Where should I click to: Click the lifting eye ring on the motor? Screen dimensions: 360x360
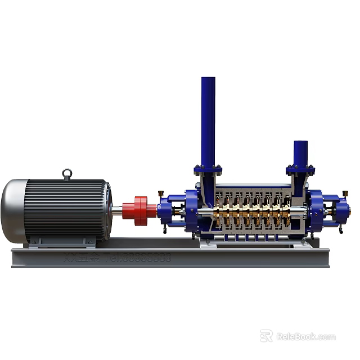pyautogui.click(x=67, y=174)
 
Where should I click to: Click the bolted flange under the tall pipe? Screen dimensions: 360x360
pyautogui.click(x=208, y=169)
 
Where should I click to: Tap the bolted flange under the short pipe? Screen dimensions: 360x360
pyautogui.click(x=300, y=169)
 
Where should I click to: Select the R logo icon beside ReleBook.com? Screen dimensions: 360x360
pyautogui.click(x=267, y=336)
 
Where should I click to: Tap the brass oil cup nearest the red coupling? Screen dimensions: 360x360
pyautogui.click(x=160, y=194)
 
